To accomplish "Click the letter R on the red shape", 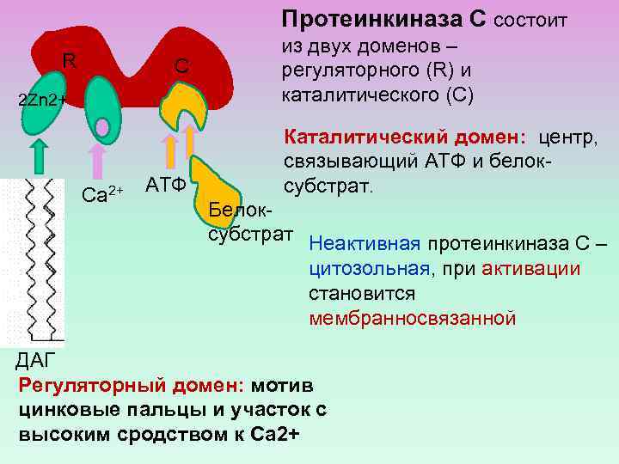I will [x=70, y=60].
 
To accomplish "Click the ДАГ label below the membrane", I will [x=35, y=359].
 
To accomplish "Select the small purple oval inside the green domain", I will [x=102, y=128].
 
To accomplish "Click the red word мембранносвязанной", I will [x=413, y=318].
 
